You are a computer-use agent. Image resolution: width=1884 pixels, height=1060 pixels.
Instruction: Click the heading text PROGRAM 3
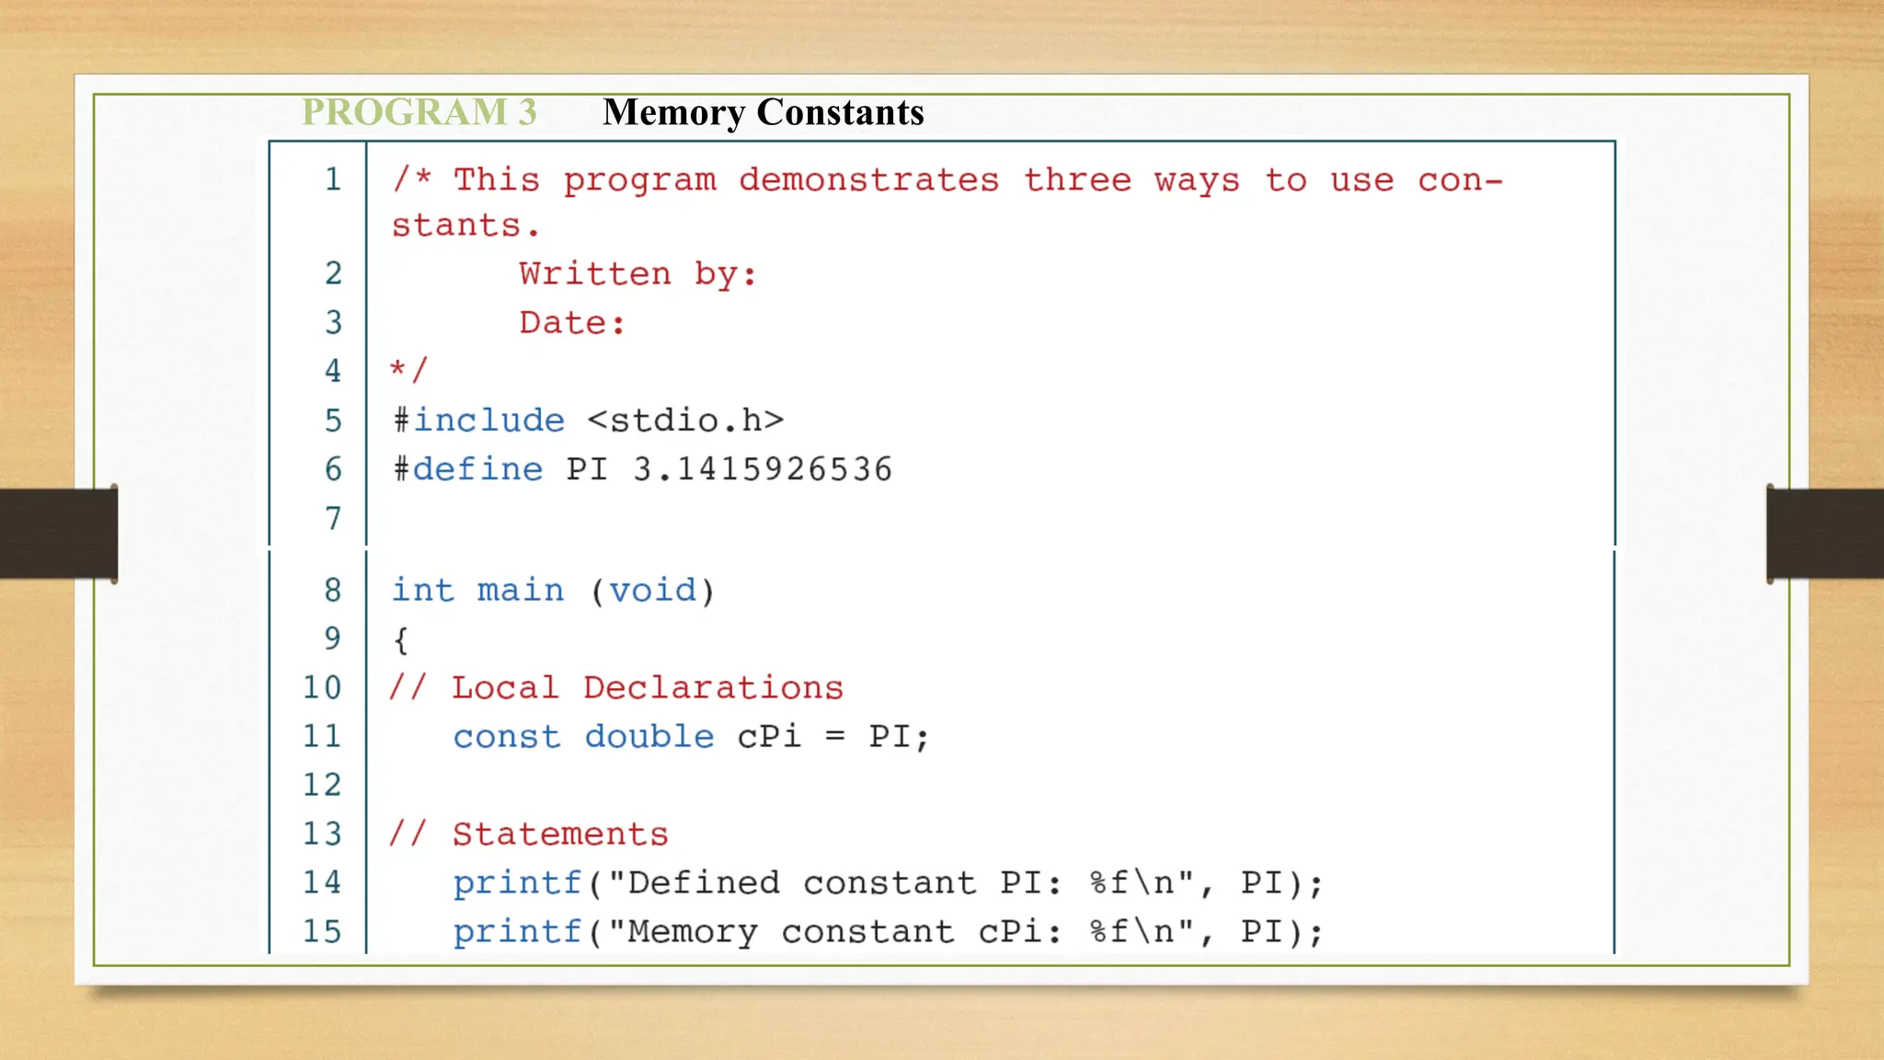tap(419, 112)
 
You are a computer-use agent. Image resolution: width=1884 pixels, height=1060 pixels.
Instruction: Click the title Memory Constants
tap(763, 112)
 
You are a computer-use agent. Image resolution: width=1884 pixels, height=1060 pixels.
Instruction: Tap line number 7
tap(333, 519)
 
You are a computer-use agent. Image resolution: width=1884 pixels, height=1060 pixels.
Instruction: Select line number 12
tap(322, 785)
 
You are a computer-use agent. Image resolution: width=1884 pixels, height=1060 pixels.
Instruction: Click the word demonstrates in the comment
tap(868, 180)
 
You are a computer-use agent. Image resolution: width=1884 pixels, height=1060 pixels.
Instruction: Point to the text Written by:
tap(638, 274)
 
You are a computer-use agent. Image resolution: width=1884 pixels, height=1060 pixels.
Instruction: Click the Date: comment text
tap(572, 323)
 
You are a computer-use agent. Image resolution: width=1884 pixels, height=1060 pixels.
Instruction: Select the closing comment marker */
tap(408, 371)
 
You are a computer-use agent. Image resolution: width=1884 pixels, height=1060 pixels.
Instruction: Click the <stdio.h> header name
tap(685, 421)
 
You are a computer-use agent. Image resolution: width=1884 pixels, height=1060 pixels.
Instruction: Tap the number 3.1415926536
tap(763, 469)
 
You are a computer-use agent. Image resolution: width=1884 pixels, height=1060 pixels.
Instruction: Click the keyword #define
tap(468, 469)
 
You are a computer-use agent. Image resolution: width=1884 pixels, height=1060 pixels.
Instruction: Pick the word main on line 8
tap(521, 590)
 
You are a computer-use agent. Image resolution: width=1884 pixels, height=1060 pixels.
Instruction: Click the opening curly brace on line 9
tap(400, 639)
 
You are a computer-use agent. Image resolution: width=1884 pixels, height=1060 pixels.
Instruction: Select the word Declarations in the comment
tap(713, 688)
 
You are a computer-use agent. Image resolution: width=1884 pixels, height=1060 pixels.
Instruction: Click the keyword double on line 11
tap(649, 737)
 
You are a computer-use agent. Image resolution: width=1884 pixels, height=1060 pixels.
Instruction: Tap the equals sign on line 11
tap(834, 737)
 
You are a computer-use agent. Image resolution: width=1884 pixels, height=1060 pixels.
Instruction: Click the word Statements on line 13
tap(560, 835)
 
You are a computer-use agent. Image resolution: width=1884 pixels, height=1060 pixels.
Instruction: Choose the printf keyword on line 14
tap(517, 883)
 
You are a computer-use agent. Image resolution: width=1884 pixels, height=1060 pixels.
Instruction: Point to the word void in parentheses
tap(653, 590)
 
